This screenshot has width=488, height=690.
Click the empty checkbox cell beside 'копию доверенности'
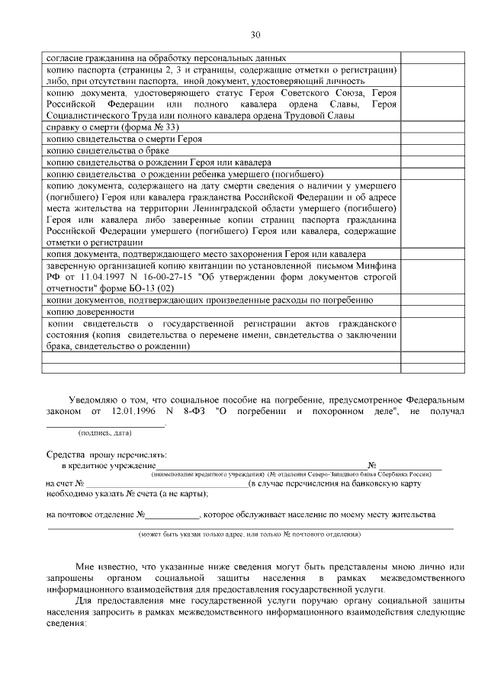coord(428,313)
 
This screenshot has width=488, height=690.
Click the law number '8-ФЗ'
coord(194,412)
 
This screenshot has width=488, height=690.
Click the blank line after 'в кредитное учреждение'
coord(260,466)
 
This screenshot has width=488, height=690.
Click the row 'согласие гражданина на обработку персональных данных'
coord(166,58)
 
